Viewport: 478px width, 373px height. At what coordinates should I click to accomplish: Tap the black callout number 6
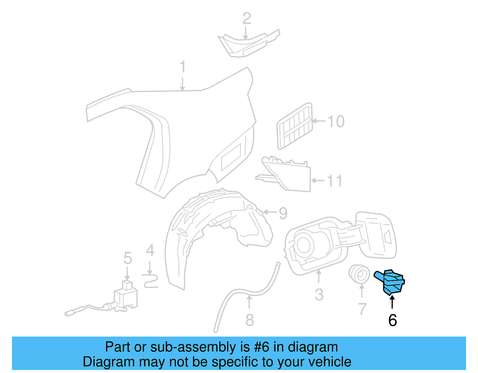pyautogui.click(x=392, y=320)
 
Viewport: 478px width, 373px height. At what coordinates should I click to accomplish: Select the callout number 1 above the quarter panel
pyautogui.click(x=183, y=67)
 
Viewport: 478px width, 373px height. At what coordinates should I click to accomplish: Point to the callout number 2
pyautogui.click(x=246, y=19)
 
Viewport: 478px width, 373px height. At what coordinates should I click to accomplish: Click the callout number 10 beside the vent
pyautogui.click(x=336, y=122)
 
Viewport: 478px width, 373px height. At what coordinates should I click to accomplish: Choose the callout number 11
pyautogui.click(x=334, y=181)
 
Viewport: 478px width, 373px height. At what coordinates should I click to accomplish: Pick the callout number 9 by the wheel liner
pyautogui.click(x=283, y=213)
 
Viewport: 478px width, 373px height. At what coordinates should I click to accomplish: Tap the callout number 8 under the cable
pyautogui.click(x=249, y=320)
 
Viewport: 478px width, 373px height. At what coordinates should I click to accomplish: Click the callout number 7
pyautogui.click(x=362, y=309)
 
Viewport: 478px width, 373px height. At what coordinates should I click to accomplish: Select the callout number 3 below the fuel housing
pyautogui.click(x=319, y=295)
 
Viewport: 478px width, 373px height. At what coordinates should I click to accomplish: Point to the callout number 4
pyautogui.click(x=150, y=250)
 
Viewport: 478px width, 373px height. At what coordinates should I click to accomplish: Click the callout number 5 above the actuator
pyautogui.click(x=128, y=258)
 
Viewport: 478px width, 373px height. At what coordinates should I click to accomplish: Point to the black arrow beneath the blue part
pyautogui.click(x=392, y=302)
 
